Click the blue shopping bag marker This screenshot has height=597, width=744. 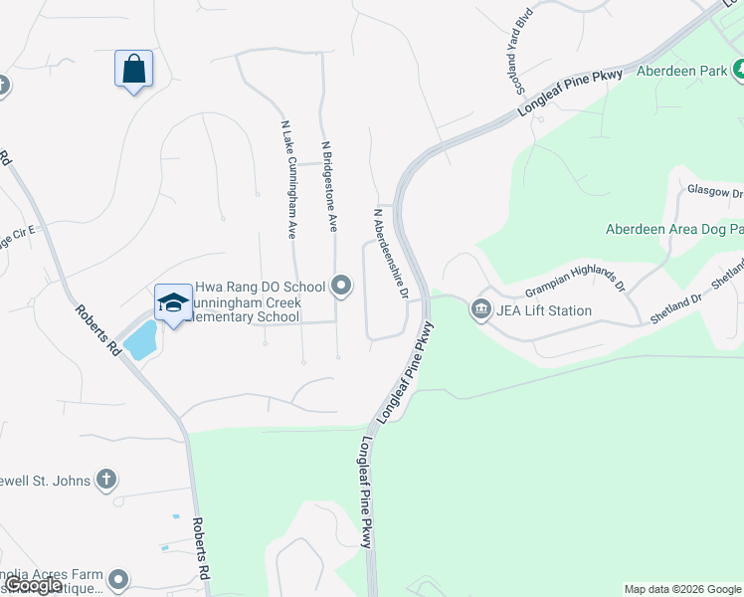133,70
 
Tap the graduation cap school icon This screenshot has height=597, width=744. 173,303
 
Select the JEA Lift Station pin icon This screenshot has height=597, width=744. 481,309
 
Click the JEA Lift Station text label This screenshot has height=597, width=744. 544,310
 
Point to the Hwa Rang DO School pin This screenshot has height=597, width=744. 342,287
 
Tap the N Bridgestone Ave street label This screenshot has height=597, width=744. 329,186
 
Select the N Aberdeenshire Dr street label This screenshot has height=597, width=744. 390,253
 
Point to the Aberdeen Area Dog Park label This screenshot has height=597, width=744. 674,230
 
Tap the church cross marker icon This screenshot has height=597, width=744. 106,481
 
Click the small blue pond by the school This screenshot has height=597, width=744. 141,339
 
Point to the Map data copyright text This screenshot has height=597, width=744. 682,589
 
